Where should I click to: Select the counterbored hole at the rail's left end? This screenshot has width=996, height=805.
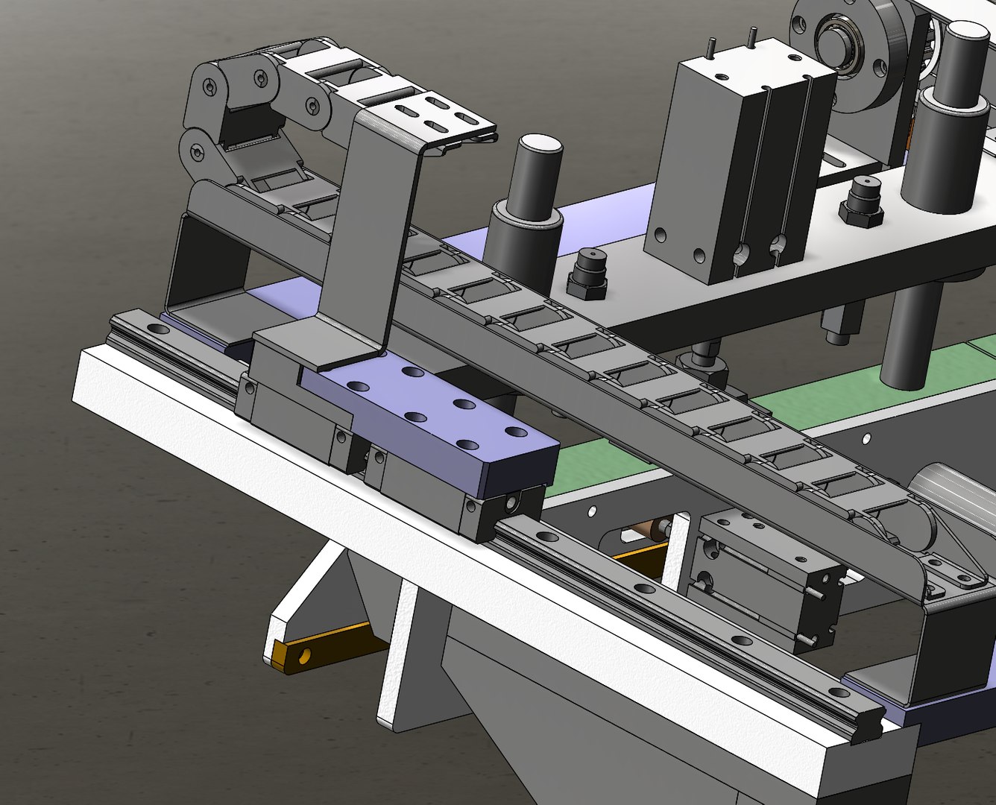click(157, 328)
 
